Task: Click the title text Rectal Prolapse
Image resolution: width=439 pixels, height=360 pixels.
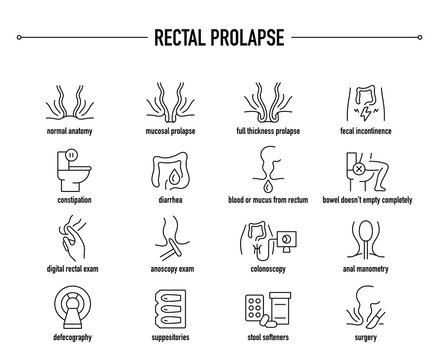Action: coord(219,40)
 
